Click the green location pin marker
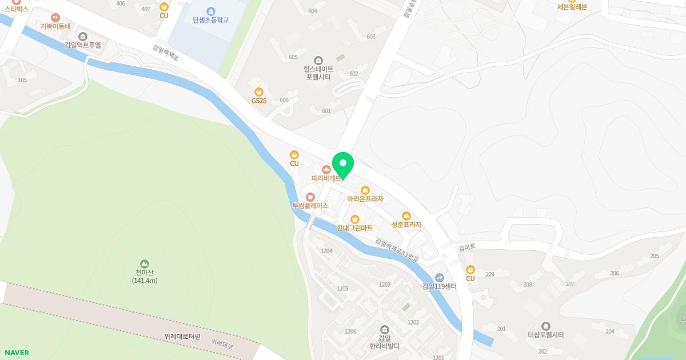coord(343,165)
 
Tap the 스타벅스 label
coord(16,9)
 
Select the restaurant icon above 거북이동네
coord(55,18)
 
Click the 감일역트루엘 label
coord(83,45)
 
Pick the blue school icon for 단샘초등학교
coord(211,11)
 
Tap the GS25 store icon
coord(259,91)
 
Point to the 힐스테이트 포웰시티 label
coord(318,73)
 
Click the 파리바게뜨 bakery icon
coord(326,169)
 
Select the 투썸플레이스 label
coord(310,205)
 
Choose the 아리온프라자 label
coord(365,199)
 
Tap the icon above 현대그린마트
coord(355,219)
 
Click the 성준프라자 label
coord(406,225)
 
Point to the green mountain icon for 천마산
coord(145,264)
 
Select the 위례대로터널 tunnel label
coord(182,337)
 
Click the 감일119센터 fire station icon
coord(439,277)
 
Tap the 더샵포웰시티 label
coord(546,335)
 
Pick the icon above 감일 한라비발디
coord(384,329)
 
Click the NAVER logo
coord(16,353)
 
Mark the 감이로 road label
coord(467,247)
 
